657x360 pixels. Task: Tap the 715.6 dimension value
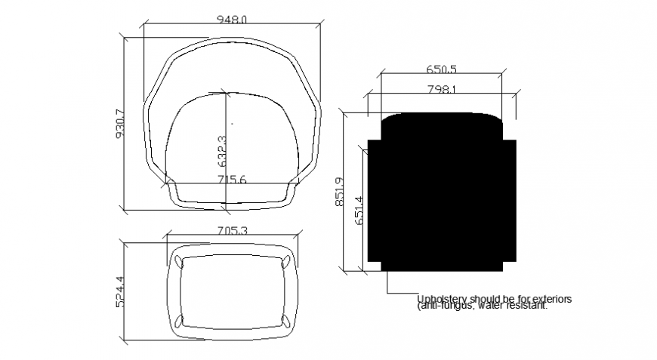click(233, 180)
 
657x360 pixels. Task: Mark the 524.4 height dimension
click(119, 290)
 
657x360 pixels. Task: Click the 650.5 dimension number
click(442, 69)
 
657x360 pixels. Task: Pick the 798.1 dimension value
click(442, 89)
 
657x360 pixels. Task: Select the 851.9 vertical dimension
click(339, 192)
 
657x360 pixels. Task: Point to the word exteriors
click(551, 299)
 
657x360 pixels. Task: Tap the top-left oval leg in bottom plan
click(178, 261)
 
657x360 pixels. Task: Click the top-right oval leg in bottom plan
click(286, 262)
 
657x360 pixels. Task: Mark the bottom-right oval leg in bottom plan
click(286, 318)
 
